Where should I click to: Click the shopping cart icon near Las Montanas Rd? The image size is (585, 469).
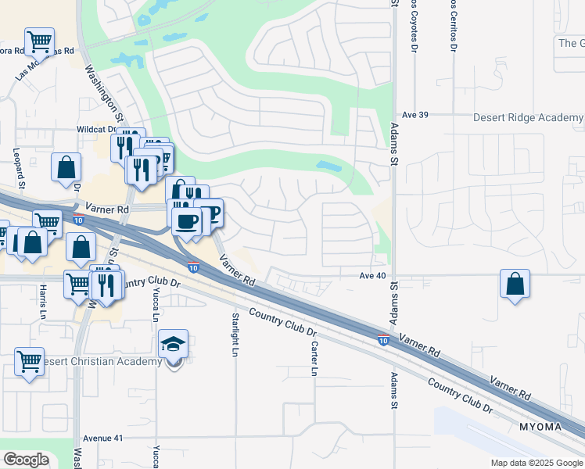click(x=39, y=41)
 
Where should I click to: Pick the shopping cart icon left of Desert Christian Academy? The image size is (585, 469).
click(x=30, y=362)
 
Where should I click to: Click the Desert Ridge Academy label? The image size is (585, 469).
click(x=529, y=117)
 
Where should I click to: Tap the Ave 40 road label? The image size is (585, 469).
click(x=373, y=276)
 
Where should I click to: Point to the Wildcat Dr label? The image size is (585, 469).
click(x=96, y=130)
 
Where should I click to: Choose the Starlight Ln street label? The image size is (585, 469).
click(x=234, y=335)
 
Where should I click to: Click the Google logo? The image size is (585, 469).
click(x=26, y=460)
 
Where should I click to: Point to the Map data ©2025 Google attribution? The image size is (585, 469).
click(x=536, y=463)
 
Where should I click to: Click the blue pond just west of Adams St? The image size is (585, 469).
click(x=329, y=166)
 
